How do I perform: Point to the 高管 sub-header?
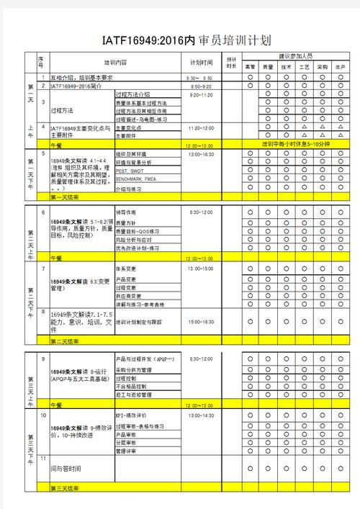click(250, 66)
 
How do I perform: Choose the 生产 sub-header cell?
click(340, 66)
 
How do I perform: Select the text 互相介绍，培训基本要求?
click(81, 77)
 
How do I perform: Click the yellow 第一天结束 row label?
click(65, 197)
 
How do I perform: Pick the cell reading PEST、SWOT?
click(132, 171)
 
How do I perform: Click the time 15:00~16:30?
click(202, 322)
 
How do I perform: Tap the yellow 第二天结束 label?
click(65, 341)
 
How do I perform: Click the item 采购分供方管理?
click(134, 369)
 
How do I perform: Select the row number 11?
click(43, 458)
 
